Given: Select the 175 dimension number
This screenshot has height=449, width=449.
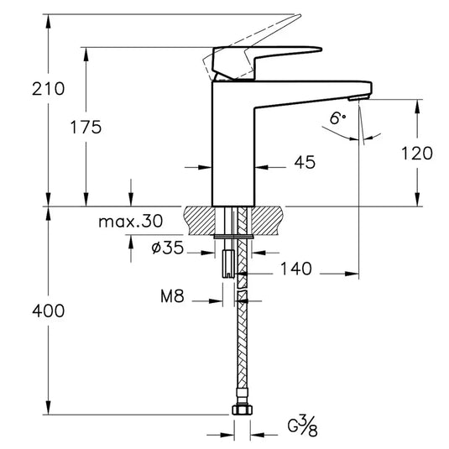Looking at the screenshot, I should [86, 128].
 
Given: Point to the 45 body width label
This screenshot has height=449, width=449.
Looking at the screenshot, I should [305, 163].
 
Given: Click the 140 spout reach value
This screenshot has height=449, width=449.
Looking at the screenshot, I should [295, 269].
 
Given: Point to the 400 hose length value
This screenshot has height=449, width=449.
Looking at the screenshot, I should [48, 311].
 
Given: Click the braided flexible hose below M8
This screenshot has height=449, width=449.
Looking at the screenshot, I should [243, 352].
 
